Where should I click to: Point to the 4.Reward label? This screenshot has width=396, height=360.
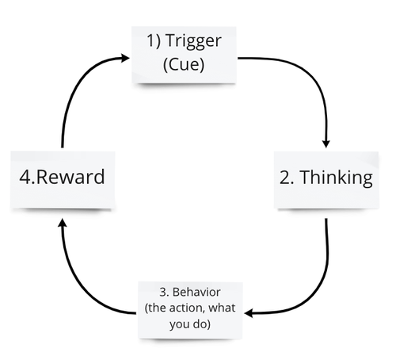pos(62,177)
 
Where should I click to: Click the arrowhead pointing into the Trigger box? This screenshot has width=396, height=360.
pos(126,57)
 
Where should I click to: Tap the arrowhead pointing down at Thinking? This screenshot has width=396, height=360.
pos(326,143)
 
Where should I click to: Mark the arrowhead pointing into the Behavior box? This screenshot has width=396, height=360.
pos(249,313)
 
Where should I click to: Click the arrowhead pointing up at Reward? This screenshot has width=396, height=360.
pos(62,224)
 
